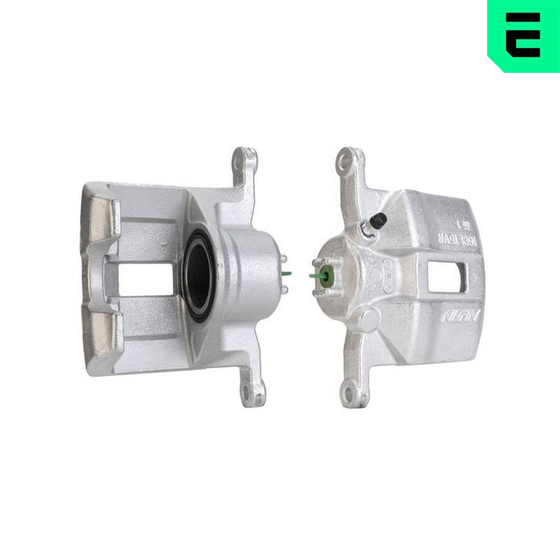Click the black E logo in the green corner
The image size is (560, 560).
point(523,35)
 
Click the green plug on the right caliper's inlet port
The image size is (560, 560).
point(328,276)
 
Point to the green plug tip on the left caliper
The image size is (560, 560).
point(287,274)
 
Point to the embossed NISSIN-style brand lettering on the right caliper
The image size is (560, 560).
point(459,318)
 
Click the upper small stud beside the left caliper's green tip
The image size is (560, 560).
point(284,259)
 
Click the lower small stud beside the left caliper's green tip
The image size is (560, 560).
point(284,290)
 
